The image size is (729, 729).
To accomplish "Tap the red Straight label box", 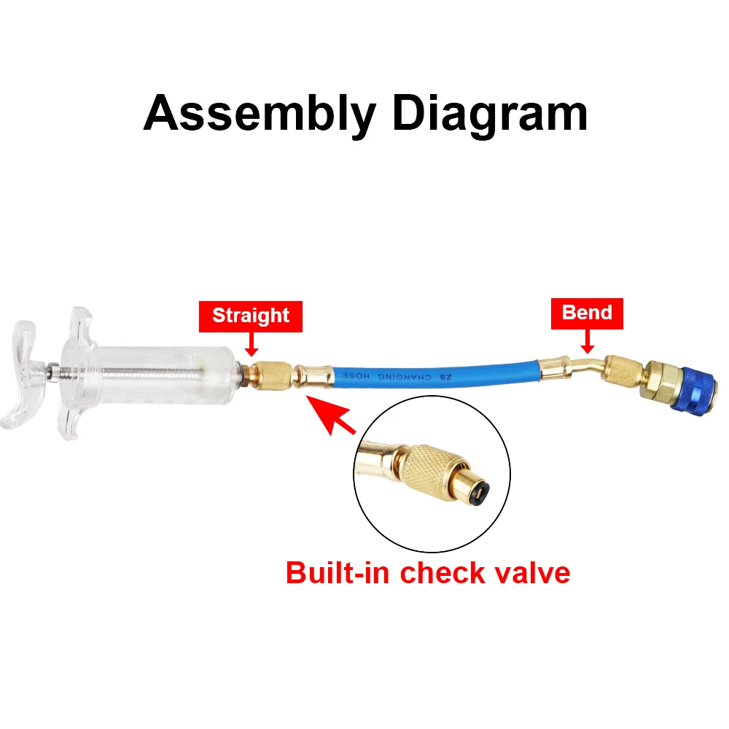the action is (x=251, y=316).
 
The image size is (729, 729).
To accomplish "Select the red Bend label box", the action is (x=587, y=312).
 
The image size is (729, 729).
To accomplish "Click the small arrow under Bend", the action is (x=587, y=339).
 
